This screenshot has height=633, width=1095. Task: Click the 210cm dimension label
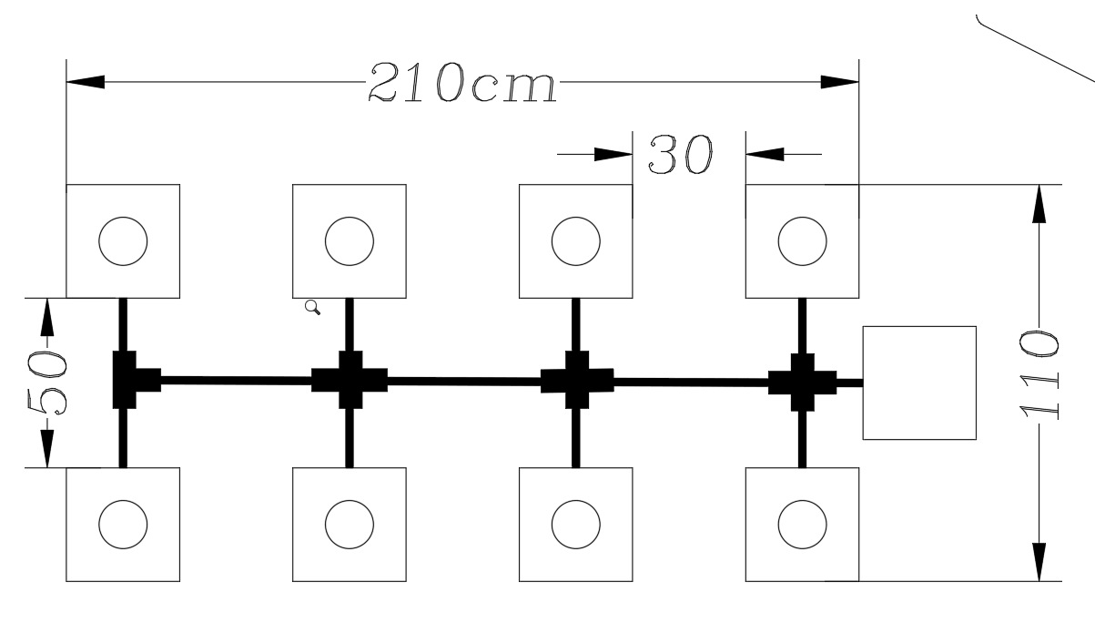click(462, 83)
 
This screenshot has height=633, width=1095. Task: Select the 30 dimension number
click(680, 156)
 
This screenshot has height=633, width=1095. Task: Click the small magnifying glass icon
click(312, 308)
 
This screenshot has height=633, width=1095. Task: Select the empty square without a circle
click(919, 383)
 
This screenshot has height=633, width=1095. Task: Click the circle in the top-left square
click(123, 241)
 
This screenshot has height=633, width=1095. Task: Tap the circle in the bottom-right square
click(802, 525)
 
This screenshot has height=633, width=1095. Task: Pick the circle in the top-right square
click(802, 241)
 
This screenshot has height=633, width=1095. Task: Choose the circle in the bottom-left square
click(123, 525)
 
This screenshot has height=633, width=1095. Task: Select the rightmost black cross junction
click(802, 381)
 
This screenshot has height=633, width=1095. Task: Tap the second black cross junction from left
click(350, 380)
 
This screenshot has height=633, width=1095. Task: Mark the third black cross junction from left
click(576, 380)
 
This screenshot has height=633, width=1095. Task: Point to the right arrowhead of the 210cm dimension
click(840, 82)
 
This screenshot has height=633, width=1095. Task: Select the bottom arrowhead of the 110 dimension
click(1039, 561)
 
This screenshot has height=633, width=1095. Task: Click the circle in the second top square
click(350, 241)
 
